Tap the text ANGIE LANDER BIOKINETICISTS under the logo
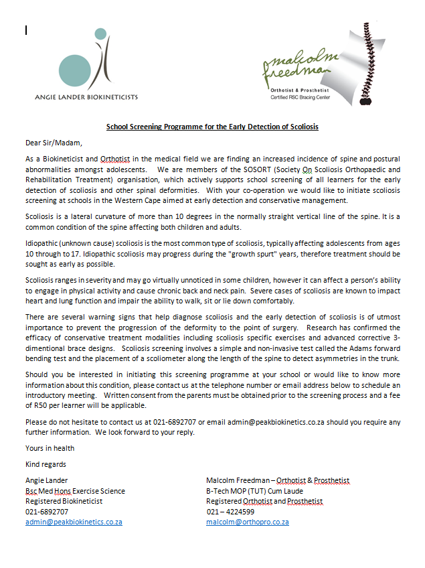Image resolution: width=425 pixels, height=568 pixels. (x=86, y=97)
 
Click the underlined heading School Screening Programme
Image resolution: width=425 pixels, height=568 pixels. (x=212, y=126)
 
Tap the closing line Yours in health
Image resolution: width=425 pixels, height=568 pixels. (x=50, y=448)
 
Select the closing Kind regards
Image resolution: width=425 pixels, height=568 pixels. (x=46, y=464)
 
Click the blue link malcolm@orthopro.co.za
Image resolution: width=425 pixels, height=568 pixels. (x=248, y=522)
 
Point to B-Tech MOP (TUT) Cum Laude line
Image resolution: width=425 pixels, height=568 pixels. (x=254, y=490)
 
